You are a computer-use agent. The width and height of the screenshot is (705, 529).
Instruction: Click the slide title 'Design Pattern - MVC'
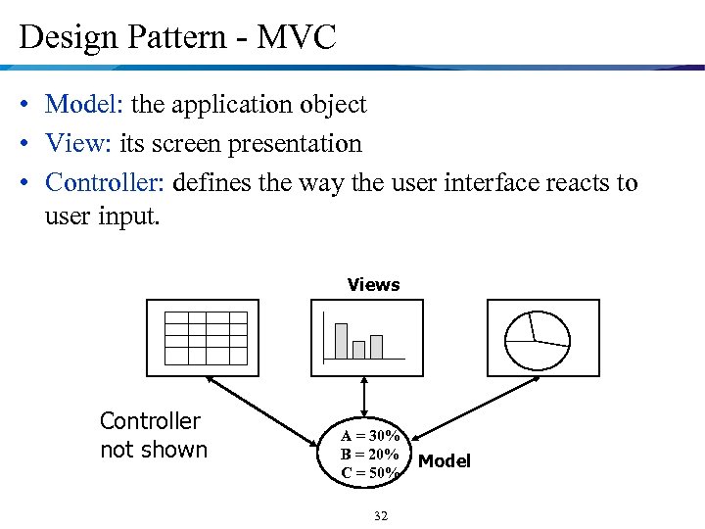coord(177,37)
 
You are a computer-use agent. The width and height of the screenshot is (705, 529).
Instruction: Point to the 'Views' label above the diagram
coord(373,285)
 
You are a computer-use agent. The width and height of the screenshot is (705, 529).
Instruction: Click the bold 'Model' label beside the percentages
coord(445,460)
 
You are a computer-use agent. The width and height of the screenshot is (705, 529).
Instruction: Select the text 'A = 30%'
coord(370,435)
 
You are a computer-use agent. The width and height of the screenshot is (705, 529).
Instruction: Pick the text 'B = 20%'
coord(370,455)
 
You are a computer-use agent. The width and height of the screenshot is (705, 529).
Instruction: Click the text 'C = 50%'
coord(370,473)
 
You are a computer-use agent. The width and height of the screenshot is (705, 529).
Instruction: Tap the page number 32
coord(382,516)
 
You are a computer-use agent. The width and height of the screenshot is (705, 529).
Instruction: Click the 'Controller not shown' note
coord(154,436)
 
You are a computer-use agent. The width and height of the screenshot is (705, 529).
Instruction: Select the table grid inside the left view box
coord(206,337)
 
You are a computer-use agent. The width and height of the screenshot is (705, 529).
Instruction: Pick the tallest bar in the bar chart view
coord(341,341)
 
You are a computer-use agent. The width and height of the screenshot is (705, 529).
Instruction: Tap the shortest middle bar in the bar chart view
coord(358,349)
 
